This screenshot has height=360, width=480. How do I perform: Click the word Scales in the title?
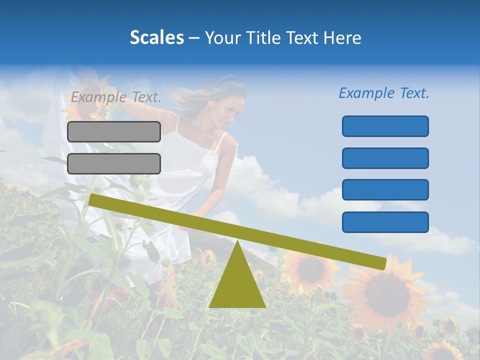click(156, 37)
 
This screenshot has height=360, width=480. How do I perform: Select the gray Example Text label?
click(116, 97)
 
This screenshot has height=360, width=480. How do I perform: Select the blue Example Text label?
click(384, 93)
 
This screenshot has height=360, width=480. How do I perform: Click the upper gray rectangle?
click(114, 131)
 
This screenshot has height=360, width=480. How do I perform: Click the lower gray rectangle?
click(114, 163)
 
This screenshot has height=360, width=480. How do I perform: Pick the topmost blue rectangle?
click(385, 126)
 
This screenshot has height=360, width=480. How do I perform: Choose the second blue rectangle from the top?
click(385, 158)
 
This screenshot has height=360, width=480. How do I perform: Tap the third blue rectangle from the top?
click(385, 190)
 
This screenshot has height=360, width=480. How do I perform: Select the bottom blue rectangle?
click(385, 222)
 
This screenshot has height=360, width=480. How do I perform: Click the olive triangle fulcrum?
click(237, 285)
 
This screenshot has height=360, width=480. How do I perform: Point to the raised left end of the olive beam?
click(93, 199)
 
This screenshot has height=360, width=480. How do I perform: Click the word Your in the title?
click(221, 37)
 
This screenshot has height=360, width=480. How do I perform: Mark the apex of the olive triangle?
click(237, 241)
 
